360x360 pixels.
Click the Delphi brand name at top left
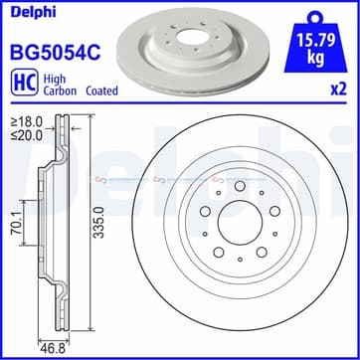(33, 12)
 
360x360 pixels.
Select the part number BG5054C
(56, 53)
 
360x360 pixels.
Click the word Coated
(101, 90)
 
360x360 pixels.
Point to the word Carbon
(60, 90)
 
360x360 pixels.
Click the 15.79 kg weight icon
(315, 42)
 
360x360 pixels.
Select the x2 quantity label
(339, 90)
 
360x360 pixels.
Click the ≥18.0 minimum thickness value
(27, 122)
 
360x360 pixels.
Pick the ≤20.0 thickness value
(27, 135)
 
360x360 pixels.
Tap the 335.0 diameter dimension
(98, 222)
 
